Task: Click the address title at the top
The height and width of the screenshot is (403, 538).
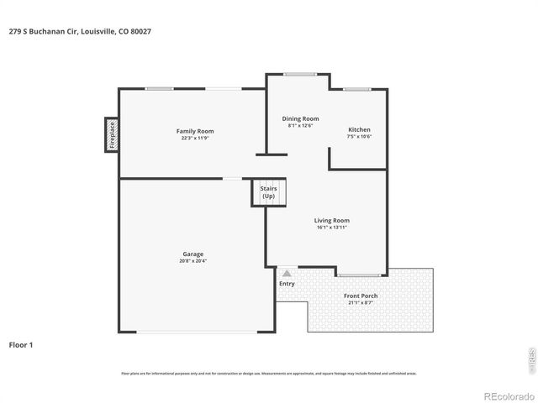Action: point(81,31)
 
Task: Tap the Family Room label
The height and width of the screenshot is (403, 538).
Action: point(194,131)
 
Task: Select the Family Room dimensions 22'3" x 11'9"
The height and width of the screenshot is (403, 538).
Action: point(194,138)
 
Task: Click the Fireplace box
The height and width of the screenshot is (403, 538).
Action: point(111,135)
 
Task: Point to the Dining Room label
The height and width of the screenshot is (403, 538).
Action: point(300,119)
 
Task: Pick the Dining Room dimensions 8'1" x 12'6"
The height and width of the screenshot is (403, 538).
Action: point(300,126)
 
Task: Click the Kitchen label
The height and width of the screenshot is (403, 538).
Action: point(359,129)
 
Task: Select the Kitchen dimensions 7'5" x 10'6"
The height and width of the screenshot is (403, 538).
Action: point(359,136)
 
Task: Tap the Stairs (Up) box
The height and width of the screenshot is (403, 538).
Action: point(269,192)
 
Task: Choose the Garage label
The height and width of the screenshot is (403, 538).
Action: point(193,254)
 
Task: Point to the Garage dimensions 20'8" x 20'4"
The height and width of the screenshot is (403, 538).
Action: point(193,260)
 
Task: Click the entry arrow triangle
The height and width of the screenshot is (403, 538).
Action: point(287,273)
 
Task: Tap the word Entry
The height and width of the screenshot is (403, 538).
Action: point(287,284)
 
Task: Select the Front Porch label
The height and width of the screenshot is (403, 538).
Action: point(361,296)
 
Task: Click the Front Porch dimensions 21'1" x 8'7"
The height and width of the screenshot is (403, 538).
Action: point(361,302)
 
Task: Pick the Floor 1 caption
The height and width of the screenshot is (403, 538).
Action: point(21,344)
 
